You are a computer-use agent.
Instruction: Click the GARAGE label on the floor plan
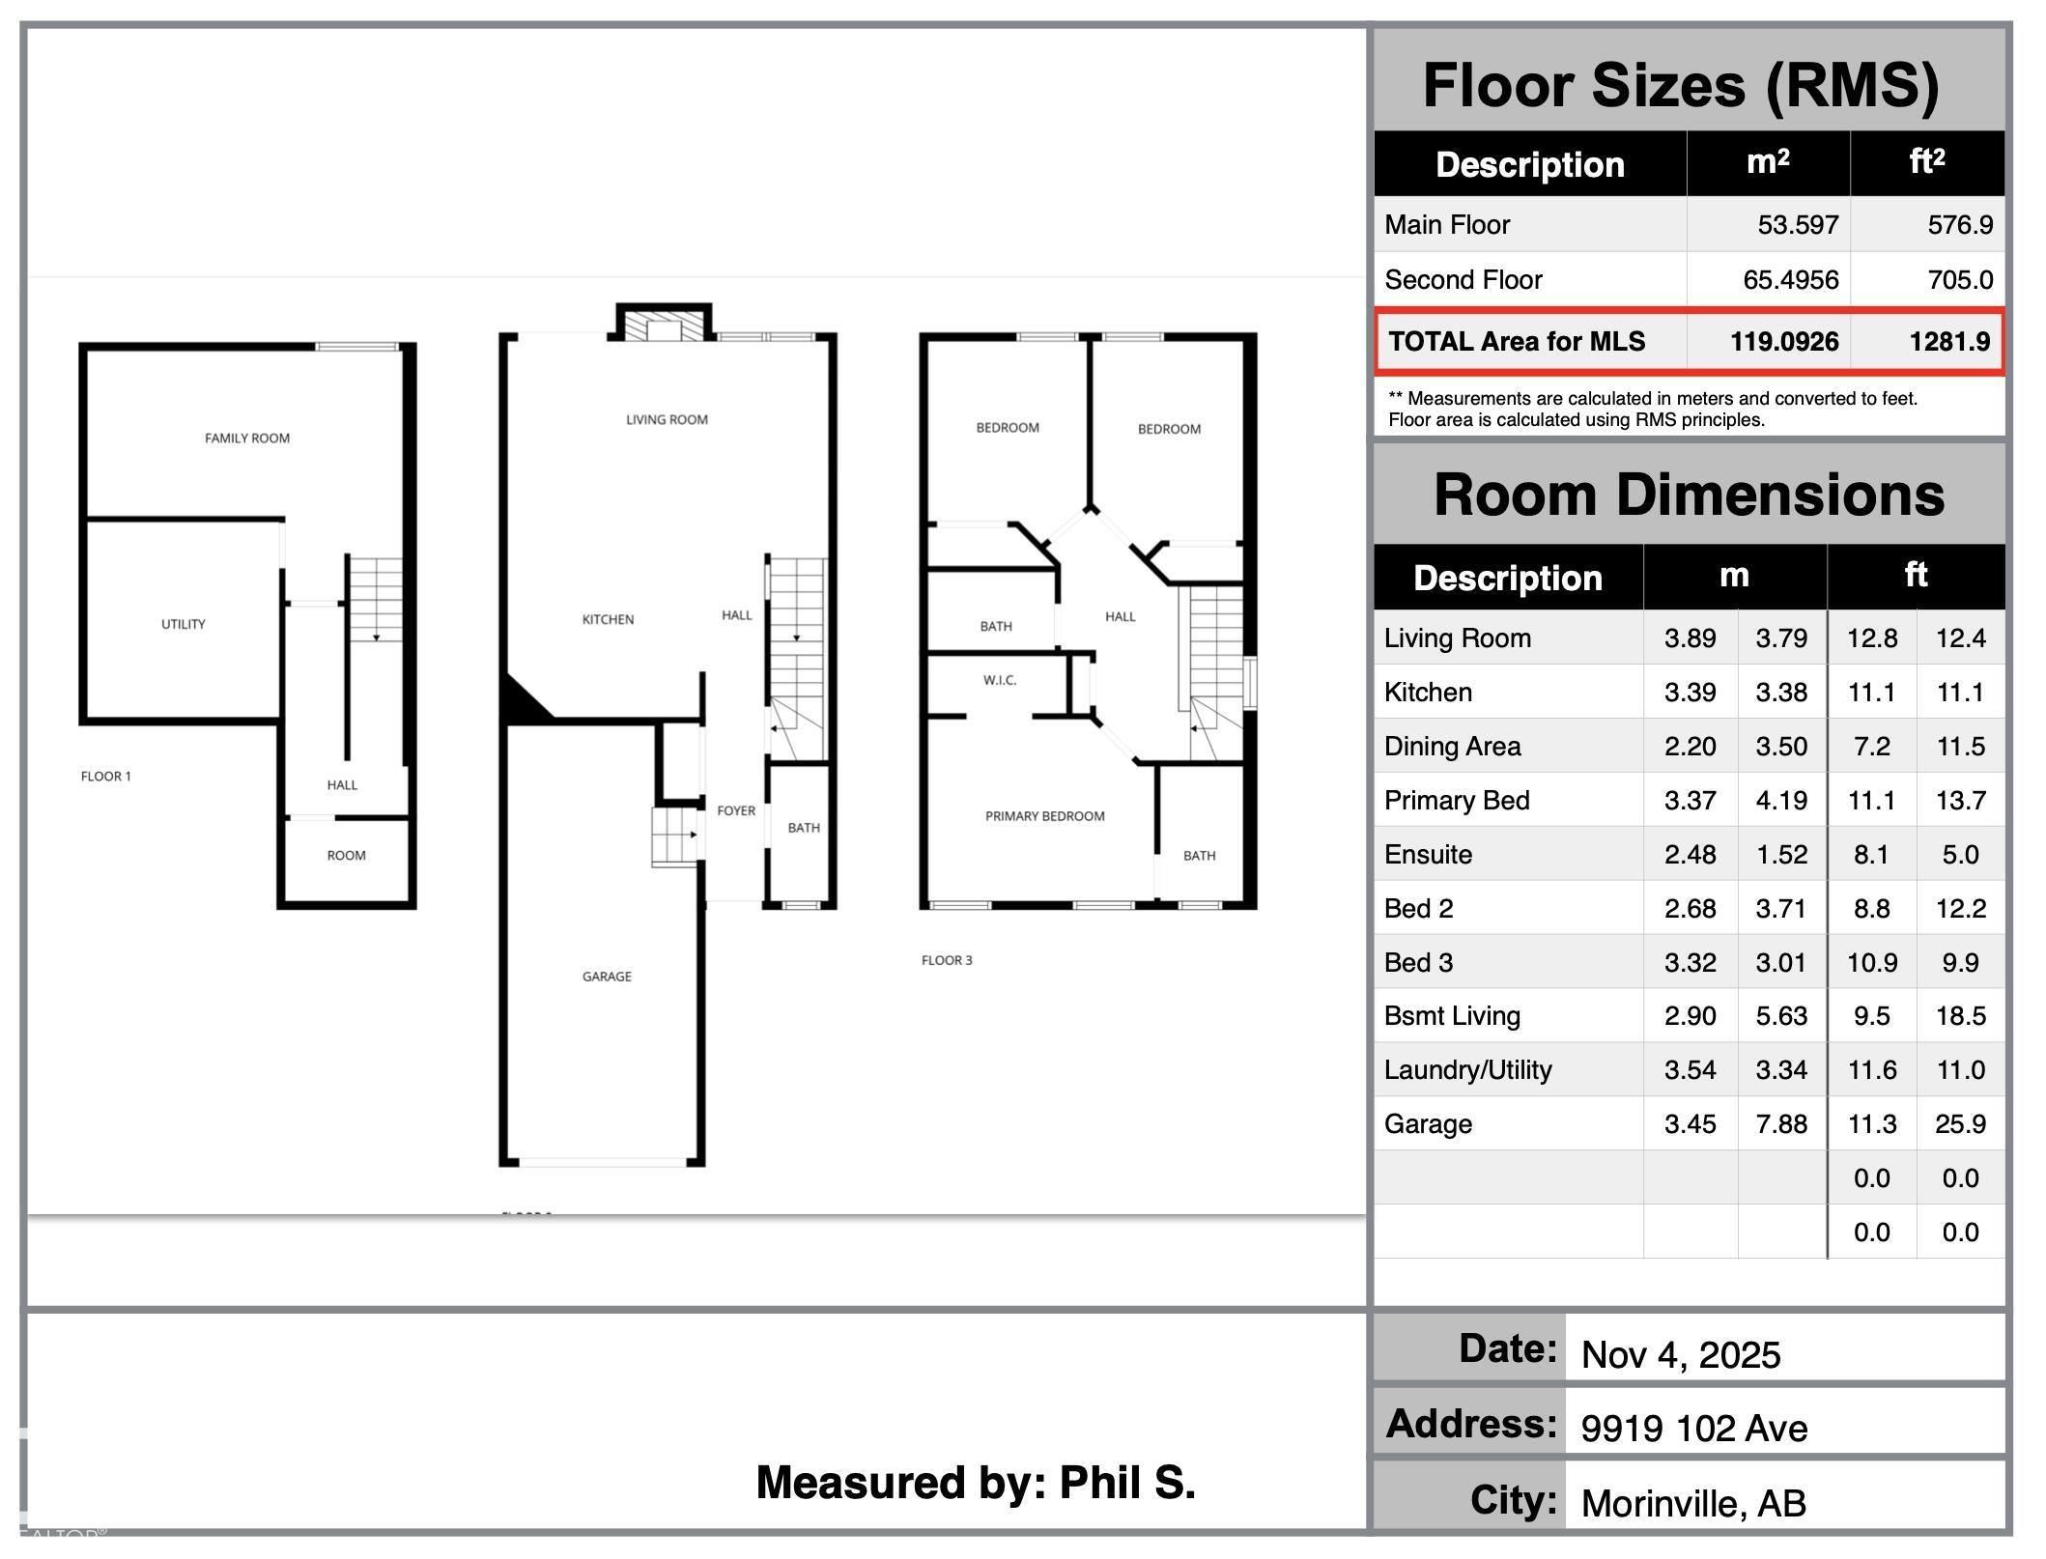click(607, 977)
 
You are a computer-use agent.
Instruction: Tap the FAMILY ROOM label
click(247, 439)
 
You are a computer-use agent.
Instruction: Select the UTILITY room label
click(184, 624)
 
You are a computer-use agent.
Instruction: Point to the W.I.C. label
click(1000, 680)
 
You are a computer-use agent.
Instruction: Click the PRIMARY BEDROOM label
click(1045, 816)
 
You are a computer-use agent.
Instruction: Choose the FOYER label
click(736, 810)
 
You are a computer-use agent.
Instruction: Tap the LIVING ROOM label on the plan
click(667, 419)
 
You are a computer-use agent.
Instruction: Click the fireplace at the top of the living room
click(664, 323)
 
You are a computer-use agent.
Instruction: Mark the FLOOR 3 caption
click(947, 960)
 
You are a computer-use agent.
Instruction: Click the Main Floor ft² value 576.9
click(1960, 225)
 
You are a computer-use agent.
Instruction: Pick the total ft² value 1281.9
click(1949, 342)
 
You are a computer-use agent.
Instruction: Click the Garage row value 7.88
click(1781, 1124)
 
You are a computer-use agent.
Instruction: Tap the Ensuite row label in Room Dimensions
click(1428, 855)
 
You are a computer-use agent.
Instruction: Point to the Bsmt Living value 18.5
click(1960, 1016)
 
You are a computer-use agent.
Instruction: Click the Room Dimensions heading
click(1689, 495)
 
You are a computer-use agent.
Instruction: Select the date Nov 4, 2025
click(1681, 1355)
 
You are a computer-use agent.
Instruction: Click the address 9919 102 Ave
click(1694, 1429)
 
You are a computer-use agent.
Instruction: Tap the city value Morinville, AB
click(1693, 1503)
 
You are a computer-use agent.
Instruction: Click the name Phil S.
click(1127, 1483)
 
